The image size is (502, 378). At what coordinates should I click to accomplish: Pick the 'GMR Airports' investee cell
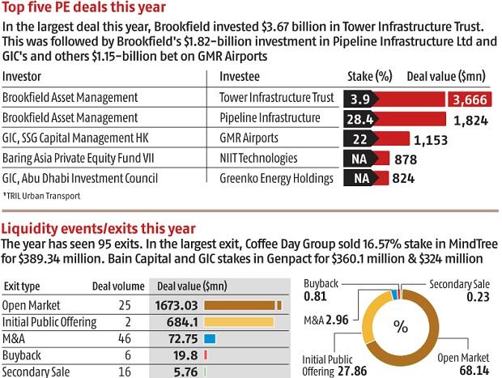[249, 138]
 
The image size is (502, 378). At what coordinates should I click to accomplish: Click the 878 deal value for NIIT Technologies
[405, 159]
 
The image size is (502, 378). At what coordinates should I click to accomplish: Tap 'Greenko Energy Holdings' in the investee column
[276, 178]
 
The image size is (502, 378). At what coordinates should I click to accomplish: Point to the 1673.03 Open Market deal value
[177, 305]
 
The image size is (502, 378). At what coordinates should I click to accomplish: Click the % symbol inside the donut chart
[399, 327]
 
